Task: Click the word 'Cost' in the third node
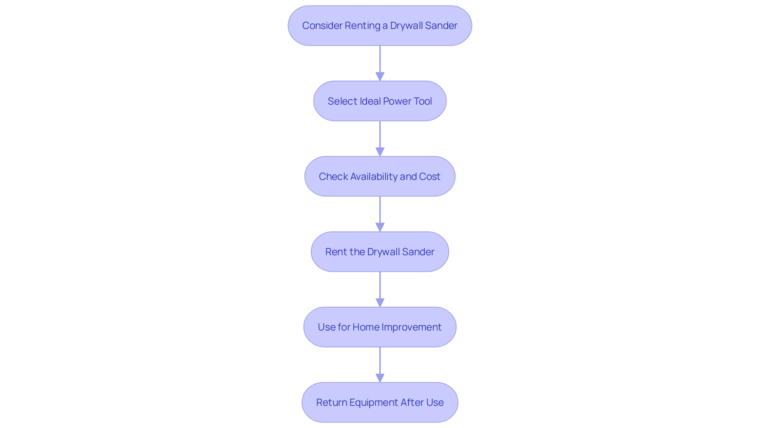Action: tap(429, 177)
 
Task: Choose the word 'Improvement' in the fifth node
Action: tap(411, 327)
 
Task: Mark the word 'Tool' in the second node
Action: tap(423, 101)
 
